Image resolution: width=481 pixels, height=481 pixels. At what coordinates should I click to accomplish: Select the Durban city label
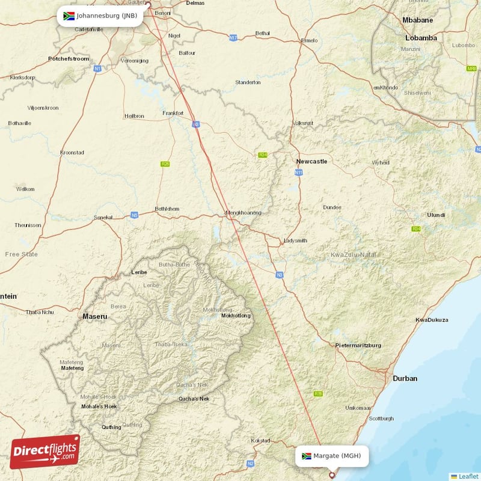tap(405, 378)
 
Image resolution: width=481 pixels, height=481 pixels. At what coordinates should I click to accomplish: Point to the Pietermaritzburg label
tap(358, 345)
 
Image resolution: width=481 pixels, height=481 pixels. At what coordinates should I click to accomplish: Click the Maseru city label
tap(95, 316)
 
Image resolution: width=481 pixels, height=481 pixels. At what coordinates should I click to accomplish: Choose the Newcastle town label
tap(311, 161)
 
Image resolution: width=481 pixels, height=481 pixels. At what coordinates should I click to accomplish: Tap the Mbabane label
tap(417, 20)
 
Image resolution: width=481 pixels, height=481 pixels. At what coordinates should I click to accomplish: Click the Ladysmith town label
tap(295, 240)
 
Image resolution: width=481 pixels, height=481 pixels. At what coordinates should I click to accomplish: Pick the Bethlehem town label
tap(167, 209)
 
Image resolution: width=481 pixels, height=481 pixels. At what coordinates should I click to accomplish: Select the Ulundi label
tap(436, 215)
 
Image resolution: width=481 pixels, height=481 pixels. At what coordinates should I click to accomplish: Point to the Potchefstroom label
tap(69, 58)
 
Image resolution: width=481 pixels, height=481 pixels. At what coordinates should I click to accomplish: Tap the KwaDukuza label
tap(432, 320)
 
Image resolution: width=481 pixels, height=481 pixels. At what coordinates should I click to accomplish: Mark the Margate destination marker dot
tap(331, 475)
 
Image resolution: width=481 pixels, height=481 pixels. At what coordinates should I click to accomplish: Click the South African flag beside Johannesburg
tap(69, 16)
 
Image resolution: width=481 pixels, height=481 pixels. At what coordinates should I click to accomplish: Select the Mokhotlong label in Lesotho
tap(235, 316)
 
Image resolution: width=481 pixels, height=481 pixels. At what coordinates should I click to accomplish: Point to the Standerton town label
tap(248, 82)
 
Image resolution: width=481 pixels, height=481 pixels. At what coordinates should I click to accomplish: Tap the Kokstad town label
tap(261, 441)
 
